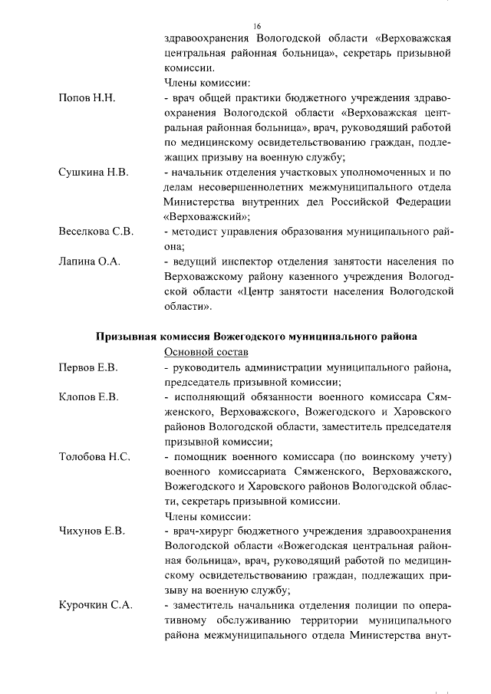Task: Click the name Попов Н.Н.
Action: (x=87, y=99)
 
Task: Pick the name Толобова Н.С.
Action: (x=94, y=457)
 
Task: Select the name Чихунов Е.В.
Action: (x=92, y=531)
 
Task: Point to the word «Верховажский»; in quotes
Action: (x=207, y=216)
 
